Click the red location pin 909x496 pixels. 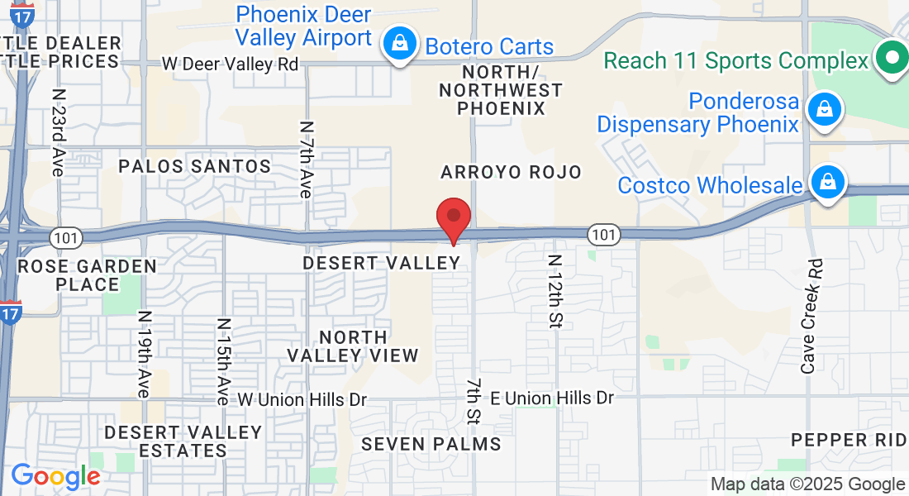[x=454, y=217]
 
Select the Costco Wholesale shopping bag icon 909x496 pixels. [x=826, y=184]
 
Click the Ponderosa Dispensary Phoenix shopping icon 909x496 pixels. [x=824, y=111]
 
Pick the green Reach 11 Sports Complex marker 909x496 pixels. [x=891, y=60]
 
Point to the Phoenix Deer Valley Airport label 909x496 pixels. [x=303, y=26]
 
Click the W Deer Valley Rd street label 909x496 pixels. [x=230, y=64]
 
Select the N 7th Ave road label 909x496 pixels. [x=305, y=160]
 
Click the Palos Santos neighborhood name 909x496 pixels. [x=195, y=166]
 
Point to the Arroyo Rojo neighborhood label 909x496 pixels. [x=512, y=172]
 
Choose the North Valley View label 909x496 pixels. [x=353, y=346]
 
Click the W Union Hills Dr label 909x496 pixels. [x=302, y=399]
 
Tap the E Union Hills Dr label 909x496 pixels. [x=552, y=398]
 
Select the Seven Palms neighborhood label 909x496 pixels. [x=431, y=444]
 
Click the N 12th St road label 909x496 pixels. [x=554, y=292]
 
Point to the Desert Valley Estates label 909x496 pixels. [x=183, y=441]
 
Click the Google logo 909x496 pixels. [x=55, y=477]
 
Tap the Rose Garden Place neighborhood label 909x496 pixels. [x=87, y=275]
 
